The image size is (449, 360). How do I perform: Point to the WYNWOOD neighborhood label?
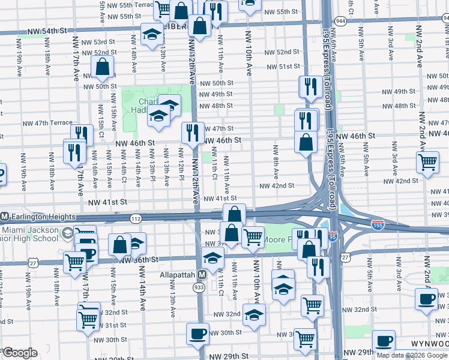click(429, 344)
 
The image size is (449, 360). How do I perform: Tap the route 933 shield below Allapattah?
click(199, 288)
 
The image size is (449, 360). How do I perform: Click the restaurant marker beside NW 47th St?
click(192, 133)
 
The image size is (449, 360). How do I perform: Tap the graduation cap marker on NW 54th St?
click(152, 34)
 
